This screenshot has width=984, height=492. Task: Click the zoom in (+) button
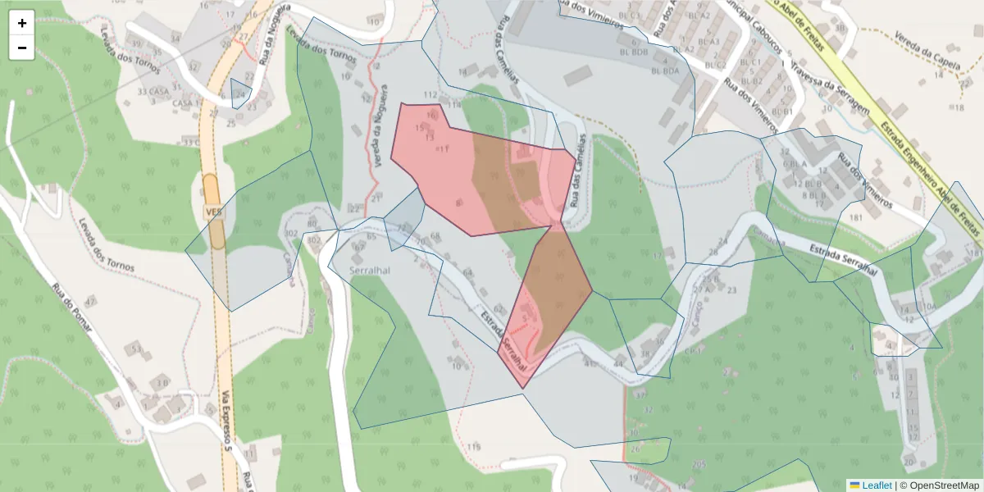(22, 23)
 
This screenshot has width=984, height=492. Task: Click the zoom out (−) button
(22, 48)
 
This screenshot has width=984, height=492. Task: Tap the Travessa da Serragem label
(829, 87)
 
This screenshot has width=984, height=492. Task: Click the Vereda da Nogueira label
(377, 131)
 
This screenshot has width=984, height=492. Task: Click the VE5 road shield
(214, 212)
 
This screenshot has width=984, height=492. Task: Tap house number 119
(474, 447)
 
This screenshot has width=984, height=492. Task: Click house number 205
(698, 464)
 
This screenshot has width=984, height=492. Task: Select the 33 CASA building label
(153, 91)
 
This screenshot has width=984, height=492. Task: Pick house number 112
(430, 95)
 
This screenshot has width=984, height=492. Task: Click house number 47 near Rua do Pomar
(90, 300)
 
